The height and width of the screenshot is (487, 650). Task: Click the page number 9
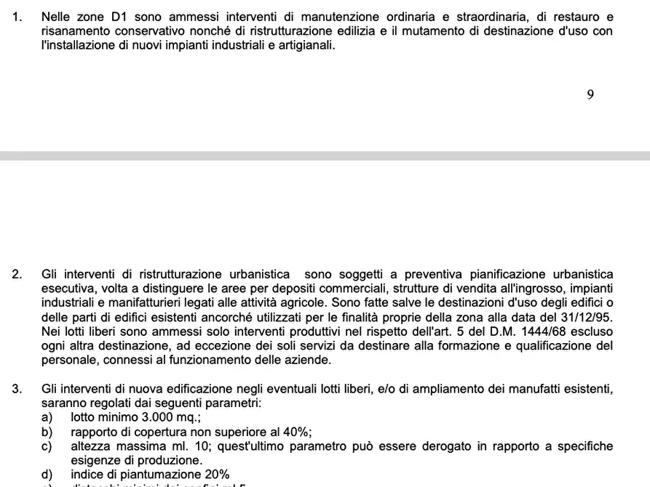click(x=590, y=95)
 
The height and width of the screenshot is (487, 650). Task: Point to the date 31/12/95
click(x=588, y=317)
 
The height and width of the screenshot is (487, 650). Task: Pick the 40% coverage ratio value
click(x=296, y=432)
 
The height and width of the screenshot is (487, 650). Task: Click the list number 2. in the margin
click(x=17, y=274)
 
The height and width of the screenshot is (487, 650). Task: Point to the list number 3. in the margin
click(x=17, y=389)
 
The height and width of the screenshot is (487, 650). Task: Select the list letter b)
click(x=47, y=432)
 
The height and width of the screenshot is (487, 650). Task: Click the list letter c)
click(x=47, y=446)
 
